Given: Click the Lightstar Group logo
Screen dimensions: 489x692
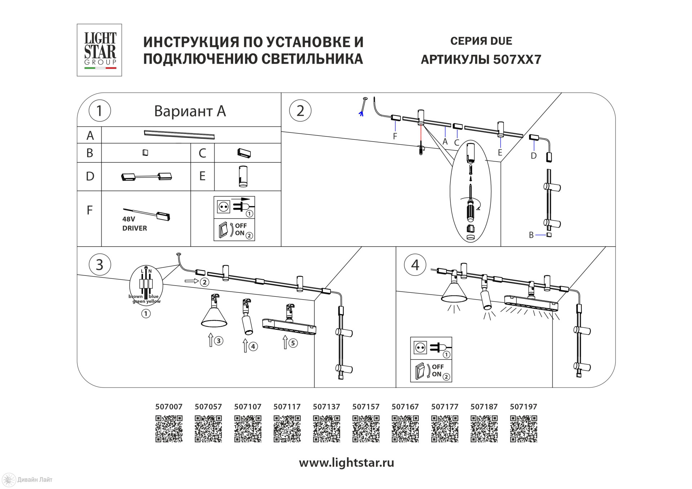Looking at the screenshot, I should point(99,50).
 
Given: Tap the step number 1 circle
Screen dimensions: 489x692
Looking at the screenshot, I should point(99,111).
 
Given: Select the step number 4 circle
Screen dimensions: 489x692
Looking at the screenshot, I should point(415,265).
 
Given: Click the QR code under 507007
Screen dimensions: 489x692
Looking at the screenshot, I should point(169,429).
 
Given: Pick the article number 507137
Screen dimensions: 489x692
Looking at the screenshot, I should point(326,407).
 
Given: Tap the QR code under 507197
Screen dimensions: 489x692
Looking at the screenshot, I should point(523,429).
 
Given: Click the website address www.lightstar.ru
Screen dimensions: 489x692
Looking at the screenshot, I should point(346,463).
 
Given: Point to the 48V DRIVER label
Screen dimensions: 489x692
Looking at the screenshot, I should point(134,224).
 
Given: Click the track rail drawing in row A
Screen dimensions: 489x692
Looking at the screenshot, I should point(179,134).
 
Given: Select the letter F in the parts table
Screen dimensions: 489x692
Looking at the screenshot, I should point(90,210).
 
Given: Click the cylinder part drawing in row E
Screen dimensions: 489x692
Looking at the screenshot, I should point(243,176).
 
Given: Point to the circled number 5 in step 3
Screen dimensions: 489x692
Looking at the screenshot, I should point(293,343).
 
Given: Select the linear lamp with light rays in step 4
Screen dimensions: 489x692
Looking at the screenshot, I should point(531,303).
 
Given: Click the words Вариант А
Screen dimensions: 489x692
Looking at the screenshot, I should point(190,111).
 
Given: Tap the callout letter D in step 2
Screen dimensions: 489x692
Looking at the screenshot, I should point(533,156).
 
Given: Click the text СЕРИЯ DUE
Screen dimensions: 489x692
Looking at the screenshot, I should point(481,41).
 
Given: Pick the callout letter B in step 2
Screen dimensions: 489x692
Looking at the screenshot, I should point(531,235).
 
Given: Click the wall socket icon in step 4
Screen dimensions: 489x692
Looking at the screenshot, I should point(420,348).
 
